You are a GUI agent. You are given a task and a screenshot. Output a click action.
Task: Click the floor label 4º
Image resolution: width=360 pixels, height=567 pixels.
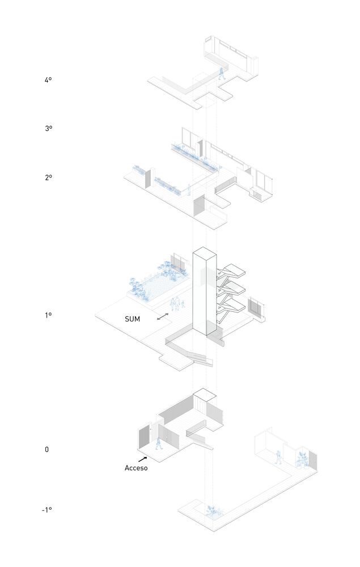(x=48, y=81)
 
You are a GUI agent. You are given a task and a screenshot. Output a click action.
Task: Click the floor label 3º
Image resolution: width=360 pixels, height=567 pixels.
(x=48, y=129)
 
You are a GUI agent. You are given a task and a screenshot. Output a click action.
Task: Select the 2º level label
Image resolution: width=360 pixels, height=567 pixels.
(x=48, y=177)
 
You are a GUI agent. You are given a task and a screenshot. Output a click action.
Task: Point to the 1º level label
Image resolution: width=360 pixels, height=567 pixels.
(x=48, y=315)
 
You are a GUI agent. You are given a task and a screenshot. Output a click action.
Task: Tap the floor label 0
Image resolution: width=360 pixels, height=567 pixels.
(x=47, y=450)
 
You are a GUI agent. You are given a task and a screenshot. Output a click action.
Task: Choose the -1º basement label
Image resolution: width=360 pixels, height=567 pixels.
(x=46, y=510)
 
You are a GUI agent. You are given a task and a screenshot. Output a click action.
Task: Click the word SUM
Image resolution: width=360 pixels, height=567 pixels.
(x=133, y=319)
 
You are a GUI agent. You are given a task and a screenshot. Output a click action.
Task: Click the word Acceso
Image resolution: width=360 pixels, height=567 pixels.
(x=136, y=468)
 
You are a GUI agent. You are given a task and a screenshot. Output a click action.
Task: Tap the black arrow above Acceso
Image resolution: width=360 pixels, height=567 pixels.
(x=142, y=459)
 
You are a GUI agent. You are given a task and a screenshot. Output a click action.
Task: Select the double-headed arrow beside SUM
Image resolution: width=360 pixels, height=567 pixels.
(x=163, y=318)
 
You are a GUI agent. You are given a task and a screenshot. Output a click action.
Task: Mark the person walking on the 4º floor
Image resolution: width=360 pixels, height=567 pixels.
(x=222, y=73)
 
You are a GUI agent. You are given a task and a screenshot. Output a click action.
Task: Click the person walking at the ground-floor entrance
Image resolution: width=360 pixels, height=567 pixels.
(x=158, y=443)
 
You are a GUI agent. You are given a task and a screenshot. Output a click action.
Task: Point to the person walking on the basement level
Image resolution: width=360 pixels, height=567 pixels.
(x=278, y=457)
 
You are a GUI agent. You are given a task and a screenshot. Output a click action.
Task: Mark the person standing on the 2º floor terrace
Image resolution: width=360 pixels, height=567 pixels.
(x=189, y=190)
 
